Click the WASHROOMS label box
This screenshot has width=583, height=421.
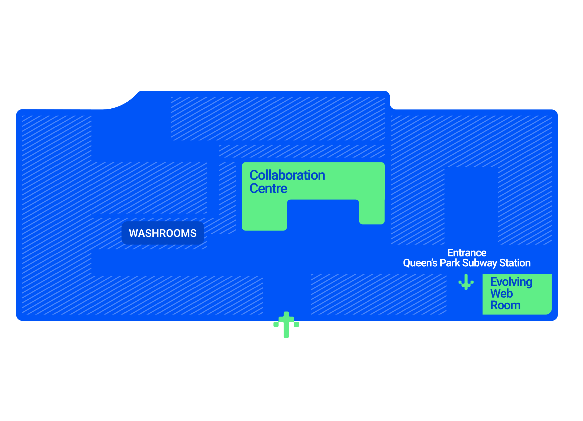tap(163, 233)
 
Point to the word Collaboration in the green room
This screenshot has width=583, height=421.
tap(287, 175)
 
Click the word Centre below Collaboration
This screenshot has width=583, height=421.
tap(268, 188)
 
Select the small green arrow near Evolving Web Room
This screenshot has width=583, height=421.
tap(466, 282)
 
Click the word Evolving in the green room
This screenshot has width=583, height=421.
tap(511, 282)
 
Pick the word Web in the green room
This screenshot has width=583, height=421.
tap(501, 294)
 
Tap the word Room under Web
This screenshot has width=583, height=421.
tap(505, 305)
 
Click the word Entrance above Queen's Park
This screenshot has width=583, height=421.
tap(467, 253)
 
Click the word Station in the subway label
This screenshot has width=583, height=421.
tap(515, 263)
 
